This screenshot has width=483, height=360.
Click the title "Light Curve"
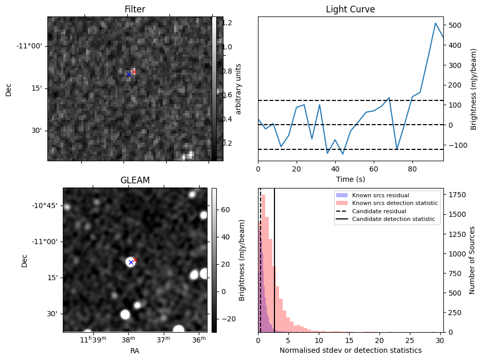(x=350, y=9)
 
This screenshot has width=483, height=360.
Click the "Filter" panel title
(x=135, y=9)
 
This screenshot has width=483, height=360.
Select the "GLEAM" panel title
(x=135, y=180)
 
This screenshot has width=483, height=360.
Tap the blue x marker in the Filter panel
(x=129, y=75)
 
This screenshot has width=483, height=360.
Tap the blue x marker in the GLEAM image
(x=131, y=263)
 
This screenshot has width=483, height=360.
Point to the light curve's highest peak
(x=436, y=23)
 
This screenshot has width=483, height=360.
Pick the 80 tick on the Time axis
(x=412, y=169)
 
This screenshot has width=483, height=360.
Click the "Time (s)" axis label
(x=350, y=179)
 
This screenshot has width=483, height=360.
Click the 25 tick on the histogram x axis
(x=410, y=340)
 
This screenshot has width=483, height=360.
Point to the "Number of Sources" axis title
(x=472, y=260)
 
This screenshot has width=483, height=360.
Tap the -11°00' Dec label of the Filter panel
(x=29, y=46)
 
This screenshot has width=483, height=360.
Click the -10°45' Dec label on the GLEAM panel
(x=44, y=205)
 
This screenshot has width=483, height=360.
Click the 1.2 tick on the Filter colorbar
(x=231, y=23)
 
